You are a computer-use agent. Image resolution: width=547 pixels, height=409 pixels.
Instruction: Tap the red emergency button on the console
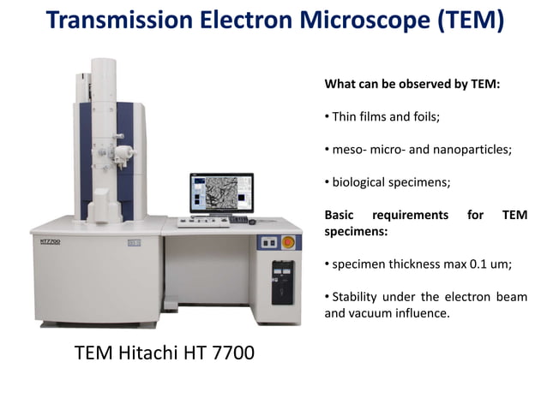point(288,241)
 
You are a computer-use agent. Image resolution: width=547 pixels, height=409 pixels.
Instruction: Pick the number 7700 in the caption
point(230,352)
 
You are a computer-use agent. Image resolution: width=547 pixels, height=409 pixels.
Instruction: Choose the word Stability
point(358,297)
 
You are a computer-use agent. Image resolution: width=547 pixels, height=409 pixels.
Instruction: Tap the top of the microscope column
point(104,62)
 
